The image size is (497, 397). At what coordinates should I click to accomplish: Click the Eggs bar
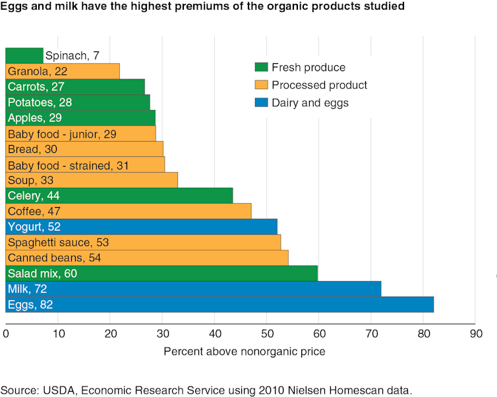tap(219, 305)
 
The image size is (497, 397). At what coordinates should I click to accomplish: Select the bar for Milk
tap(193, 288)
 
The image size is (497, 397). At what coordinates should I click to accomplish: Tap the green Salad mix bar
tap(162, 273)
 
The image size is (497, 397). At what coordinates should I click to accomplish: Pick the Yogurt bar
tap(141, 227)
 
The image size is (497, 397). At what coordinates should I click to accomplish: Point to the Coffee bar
tap(129, 211)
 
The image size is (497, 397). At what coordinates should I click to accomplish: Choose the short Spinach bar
tap(24, 55)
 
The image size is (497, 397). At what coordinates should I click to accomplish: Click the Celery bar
tap(119, 195)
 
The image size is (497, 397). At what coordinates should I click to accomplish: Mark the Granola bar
tap(63, 71)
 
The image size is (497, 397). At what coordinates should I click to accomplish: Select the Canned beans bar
tap(147, 257)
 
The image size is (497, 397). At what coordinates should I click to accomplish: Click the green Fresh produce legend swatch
tap(260, 67)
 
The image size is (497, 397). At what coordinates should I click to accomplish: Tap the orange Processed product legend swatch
tap(260, 85)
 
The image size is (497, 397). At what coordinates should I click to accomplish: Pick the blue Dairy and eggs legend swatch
tap(260, 102)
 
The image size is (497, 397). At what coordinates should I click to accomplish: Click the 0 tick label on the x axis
tap(7, 334)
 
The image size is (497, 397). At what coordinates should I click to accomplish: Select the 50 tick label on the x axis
tap(266, 334)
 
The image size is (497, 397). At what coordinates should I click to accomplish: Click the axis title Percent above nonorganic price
tap(244, 351)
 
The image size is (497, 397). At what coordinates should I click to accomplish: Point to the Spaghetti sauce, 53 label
tap(58, 242)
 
